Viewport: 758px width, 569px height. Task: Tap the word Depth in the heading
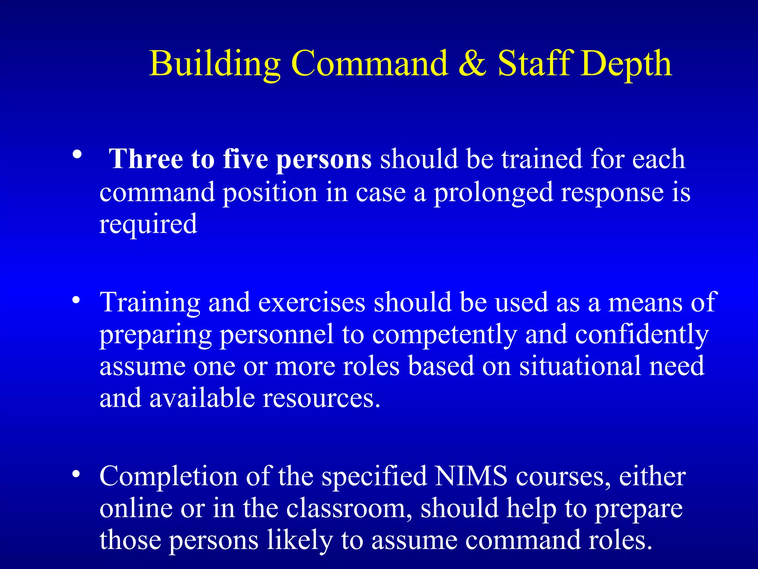pyautogui.click(x=625, y=65)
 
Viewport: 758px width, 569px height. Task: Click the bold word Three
pyautogui.click(x=146, y=159)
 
